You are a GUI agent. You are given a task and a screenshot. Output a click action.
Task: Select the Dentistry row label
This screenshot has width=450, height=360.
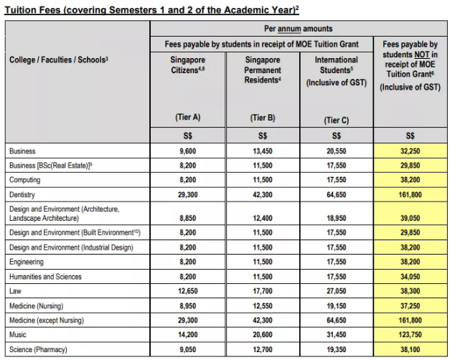pos(25,194)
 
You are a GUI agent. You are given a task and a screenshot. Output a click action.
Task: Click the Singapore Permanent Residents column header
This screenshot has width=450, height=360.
pos(262,71)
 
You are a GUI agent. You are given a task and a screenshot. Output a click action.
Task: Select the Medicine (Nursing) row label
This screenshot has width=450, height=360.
pos(39,304)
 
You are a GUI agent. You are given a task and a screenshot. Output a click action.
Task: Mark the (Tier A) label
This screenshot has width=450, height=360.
pos(187,117)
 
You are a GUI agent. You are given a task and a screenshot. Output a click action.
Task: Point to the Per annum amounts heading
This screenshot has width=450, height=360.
pos(298,29)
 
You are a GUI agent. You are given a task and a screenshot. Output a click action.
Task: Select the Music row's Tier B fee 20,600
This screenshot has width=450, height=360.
pos(262,335)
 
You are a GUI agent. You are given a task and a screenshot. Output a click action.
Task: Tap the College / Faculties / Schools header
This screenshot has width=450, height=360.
pos(59,59)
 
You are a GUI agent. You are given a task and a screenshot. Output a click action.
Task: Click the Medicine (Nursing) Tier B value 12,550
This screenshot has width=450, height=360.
pos(262,304)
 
